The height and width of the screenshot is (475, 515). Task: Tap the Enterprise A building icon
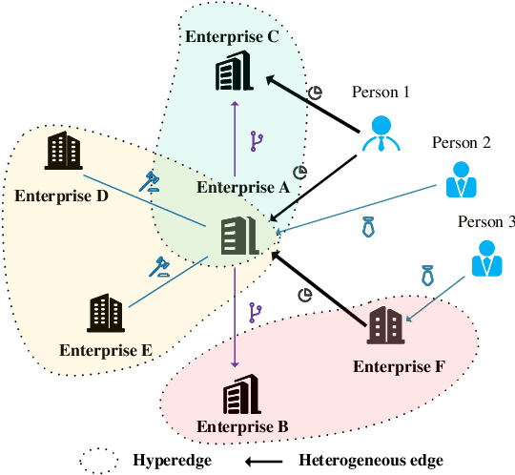pos(237,237)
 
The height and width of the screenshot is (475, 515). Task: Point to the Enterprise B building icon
pos(237,393)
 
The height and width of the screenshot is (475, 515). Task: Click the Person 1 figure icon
pos(381,134)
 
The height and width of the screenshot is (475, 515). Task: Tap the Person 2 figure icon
pos(463,177)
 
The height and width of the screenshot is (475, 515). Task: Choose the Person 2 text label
pos(461,143)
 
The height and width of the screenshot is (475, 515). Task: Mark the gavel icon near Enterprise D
pos(150,179)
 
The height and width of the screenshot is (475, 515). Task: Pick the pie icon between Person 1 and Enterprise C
pos(316,92)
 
